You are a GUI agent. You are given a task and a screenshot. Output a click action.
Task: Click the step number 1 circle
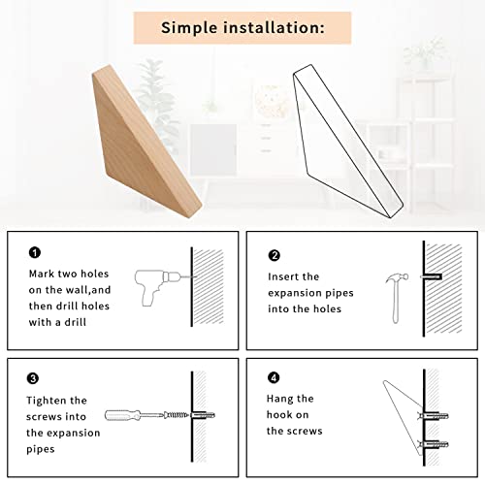tap(35, 252)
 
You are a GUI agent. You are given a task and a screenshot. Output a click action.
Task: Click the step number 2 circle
tap(275, 255)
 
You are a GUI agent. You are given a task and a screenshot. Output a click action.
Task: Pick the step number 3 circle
tap(33, 378)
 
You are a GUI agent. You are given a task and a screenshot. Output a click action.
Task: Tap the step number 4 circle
tap(274, 377)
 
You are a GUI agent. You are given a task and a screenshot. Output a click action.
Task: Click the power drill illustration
tap(155, 286)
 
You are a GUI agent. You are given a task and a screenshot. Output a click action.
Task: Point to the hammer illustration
tap(396, 298)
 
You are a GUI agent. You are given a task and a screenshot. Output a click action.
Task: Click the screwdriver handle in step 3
tap(123, 415)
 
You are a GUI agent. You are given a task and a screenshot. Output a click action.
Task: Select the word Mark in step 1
tap(42, 274)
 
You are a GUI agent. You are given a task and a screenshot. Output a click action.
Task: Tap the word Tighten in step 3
tap(43, 402)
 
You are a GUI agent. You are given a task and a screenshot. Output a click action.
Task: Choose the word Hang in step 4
tap(278, 400)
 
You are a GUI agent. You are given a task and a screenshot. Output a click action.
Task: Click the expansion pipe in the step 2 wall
tap(432, 276)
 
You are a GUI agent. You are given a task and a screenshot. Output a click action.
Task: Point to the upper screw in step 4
tap(433, 416)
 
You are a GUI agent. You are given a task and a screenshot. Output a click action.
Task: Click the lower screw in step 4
tap(433, 445)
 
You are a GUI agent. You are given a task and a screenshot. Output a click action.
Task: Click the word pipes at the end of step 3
tap(41, 450)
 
